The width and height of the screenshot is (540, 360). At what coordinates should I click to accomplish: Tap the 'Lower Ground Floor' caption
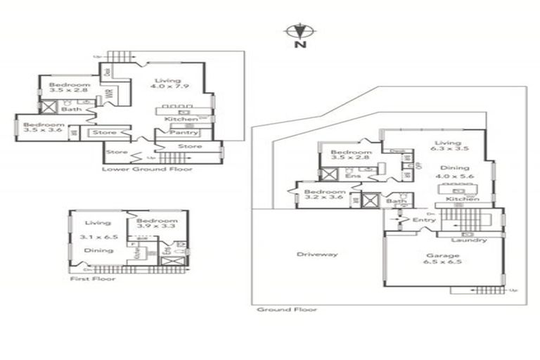(147, 169)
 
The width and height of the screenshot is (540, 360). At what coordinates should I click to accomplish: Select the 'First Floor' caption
(93, 278)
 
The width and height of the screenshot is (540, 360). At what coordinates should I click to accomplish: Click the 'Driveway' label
(317, 254)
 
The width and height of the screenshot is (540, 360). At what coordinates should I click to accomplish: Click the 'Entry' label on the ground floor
(425, 220)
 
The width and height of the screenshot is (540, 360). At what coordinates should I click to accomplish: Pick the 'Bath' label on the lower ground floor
(70, 110)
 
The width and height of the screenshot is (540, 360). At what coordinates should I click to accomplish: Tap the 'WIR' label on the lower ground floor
(109, 94)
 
